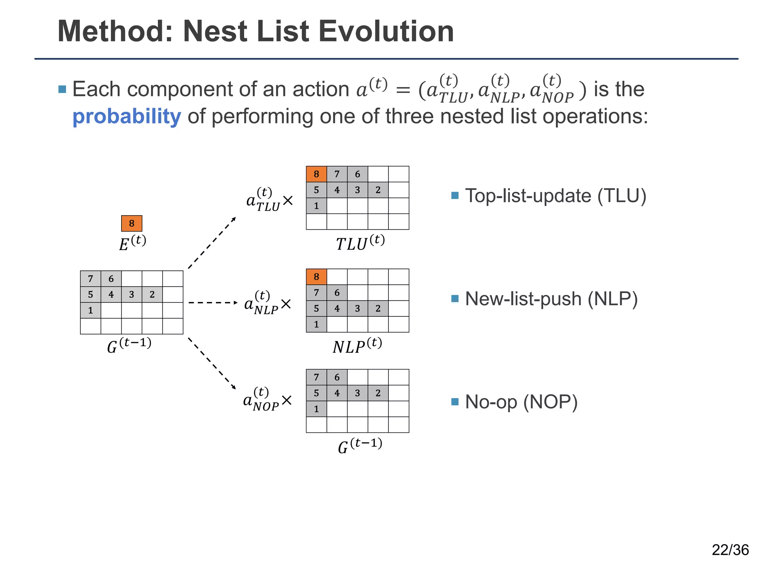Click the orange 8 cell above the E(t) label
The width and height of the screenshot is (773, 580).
[x=131, y=223]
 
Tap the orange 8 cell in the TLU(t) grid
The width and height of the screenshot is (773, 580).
[x=316, y=174]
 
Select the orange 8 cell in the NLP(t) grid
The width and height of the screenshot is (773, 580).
[x=316, y=277]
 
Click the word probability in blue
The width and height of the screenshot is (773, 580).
[x=126, y=116]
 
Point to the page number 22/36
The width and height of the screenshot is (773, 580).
[x=730, y=550]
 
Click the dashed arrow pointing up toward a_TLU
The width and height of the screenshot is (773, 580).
[x=212, y=243]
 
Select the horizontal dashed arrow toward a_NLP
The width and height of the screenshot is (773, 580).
[x=212, y=302]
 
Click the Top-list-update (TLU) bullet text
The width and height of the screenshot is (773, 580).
[x=555, y=196]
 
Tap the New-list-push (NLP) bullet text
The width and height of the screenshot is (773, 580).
[x=551, y=299]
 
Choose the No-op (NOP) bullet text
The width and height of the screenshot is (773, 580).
[x=521, y=401]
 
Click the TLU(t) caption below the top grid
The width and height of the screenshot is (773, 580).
[x=360, y=243]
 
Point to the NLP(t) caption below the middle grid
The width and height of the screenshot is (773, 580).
[x=357, y=346]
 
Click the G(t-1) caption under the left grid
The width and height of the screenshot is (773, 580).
[x=129, y=345]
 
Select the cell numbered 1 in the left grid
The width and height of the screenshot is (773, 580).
[x=91, y=310]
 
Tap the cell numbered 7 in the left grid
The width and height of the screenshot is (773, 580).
[x=91, y=279]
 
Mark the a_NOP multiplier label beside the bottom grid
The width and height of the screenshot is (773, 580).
[x=266, y=400]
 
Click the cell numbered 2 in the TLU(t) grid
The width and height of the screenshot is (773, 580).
[x=378, y=190]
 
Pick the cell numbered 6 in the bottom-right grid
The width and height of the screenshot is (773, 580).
[x=337, y=377]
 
